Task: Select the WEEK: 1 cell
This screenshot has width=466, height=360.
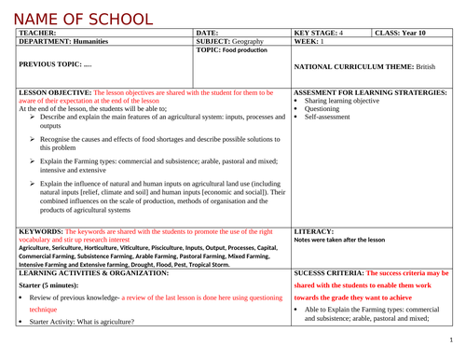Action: tap(308, 41)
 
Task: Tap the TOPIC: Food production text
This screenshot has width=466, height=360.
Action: tap(232, 49)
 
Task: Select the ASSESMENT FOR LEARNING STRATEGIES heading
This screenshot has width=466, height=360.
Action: tap(370, 93)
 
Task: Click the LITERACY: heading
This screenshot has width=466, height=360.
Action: tap(313, 229)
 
